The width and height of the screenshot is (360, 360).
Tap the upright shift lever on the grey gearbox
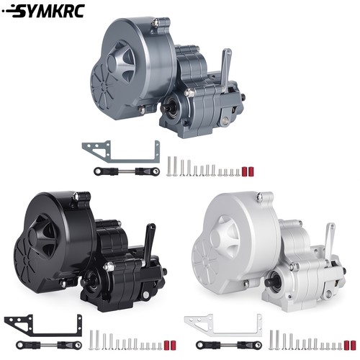click(225, 69)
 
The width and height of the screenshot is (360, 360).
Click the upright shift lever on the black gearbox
click(149, 243)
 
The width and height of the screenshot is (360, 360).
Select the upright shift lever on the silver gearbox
click(329, 243)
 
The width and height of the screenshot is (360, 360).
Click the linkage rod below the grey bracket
click(127, 171)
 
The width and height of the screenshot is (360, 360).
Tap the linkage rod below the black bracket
click(49, 345)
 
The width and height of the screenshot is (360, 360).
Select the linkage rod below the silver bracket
click(229, 345)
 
